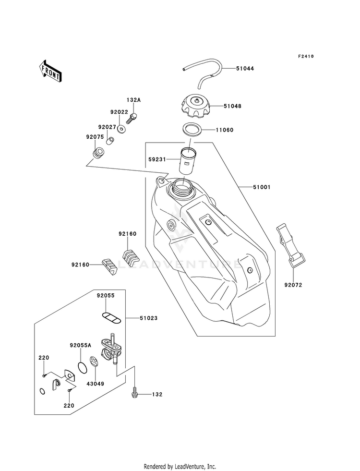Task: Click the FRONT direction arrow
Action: point(50,71)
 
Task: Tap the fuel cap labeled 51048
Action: point(196,106)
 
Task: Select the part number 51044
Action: point(245,69)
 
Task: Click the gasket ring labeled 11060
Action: point(192,130)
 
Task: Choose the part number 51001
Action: point(262,187)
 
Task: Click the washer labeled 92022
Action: point(121,130)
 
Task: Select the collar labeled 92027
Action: point(111,140)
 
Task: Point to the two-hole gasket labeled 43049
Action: point(94,362)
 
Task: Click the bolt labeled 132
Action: point(135,394)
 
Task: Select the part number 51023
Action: point(148,318)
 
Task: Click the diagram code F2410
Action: point(306,56)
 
